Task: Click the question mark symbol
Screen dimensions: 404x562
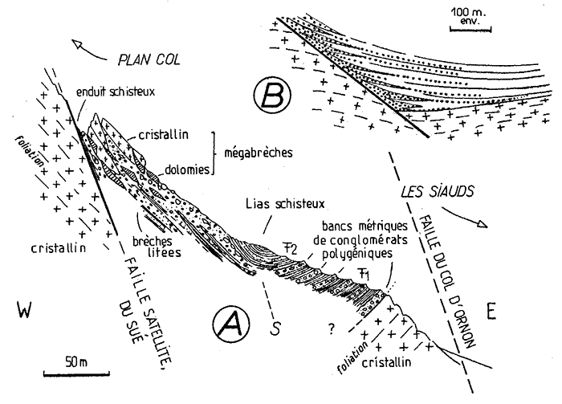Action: [x=328, y=327]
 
